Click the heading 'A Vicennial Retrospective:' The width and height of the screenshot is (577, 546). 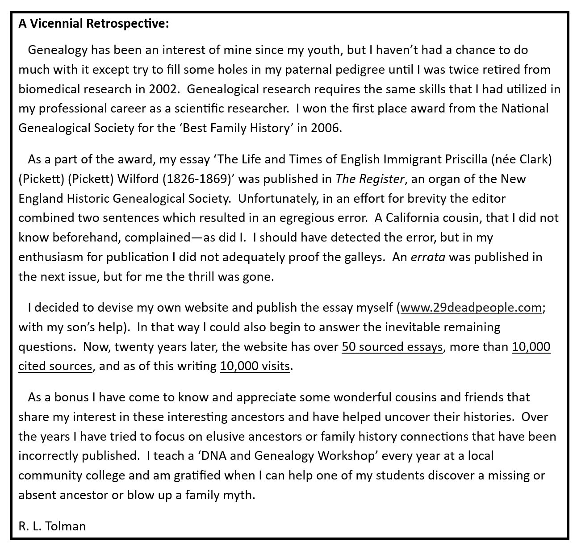coord(94,24)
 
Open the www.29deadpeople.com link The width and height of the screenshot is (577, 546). coord(471,308)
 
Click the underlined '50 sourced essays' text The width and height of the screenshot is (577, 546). coord(393,347)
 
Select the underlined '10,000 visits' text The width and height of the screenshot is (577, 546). coord(255,367)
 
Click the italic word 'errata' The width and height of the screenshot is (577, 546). coord(428,258)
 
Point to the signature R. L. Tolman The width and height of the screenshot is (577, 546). coord(52,526)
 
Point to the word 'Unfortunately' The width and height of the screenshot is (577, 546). coord(277,199)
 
